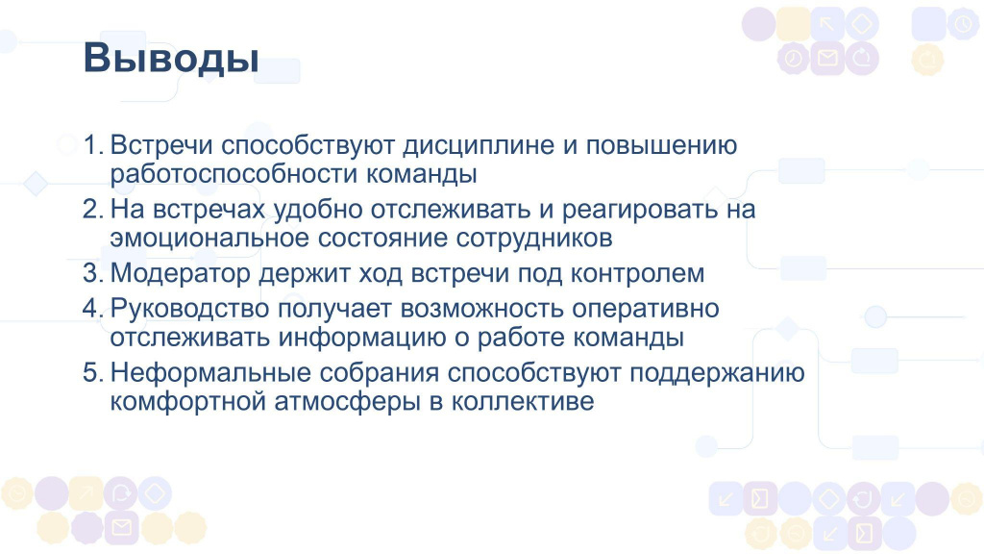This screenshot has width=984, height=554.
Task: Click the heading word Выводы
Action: (171, 59)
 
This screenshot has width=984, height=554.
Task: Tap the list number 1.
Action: (93, 145)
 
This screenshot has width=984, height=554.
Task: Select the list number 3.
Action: (93, 273)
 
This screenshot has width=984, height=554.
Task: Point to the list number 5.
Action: (93, 372)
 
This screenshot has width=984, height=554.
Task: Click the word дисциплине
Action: (479, 146)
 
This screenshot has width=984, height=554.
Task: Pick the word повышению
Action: (661, 145)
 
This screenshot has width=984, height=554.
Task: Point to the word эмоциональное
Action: (210, 239)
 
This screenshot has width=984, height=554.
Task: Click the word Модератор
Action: (180, 274)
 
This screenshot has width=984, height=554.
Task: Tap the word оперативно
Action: (646, 310)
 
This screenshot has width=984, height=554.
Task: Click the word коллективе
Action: (522, 401)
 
